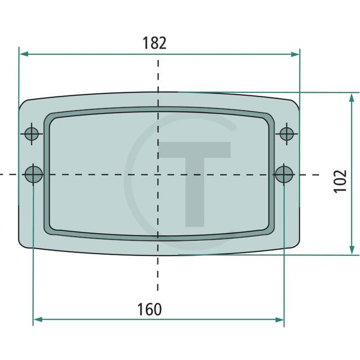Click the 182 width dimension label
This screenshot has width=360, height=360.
[155, 43]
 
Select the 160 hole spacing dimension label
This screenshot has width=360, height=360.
[150, 309]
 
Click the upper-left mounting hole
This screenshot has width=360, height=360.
[32, 133]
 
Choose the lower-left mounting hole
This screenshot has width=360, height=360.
[34, 174]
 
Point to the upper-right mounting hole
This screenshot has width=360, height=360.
[286, 133]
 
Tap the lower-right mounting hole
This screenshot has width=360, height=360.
[284, 174]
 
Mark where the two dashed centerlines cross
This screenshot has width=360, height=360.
[158, 174]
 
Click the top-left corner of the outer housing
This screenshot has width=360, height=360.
[23, 103]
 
